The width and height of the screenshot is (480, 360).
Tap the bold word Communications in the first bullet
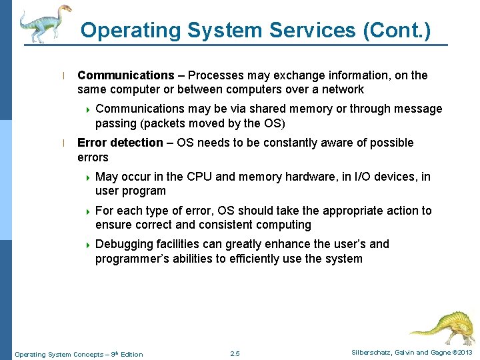tap(125, 75)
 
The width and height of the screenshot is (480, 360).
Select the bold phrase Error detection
tap(120, 143)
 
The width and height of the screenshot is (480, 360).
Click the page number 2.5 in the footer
tap(235, 353)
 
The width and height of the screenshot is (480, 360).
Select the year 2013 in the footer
tap(465, 353)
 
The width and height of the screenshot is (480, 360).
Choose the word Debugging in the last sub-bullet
tap(124, 244)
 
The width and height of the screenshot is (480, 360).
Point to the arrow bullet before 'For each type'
tap(87, 211)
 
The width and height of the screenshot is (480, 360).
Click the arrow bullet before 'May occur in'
tap(87, 177)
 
